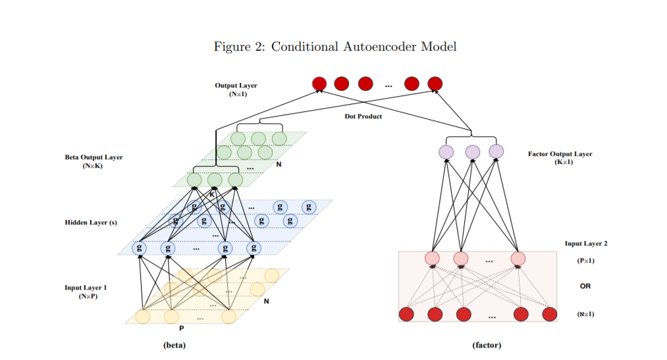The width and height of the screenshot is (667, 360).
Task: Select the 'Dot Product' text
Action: coord(363,116)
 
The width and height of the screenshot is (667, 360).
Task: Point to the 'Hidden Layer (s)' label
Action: coord(91,222)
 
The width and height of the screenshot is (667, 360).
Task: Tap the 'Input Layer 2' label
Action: coord(585,244)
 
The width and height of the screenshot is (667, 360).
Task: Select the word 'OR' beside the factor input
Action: coord(585,286)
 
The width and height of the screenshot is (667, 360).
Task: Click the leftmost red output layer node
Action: coord(319,84)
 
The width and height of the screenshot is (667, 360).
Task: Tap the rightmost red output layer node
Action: coord(435,84)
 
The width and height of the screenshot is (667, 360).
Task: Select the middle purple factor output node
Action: coord(472,152)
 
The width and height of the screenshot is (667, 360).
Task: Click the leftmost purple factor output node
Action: coord(447,152)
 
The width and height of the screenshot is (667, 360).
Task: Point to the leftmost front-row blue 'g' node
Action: coord(139,248)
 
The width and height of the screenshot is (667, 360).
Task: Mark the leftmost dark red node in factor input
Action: coord(406,314)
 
